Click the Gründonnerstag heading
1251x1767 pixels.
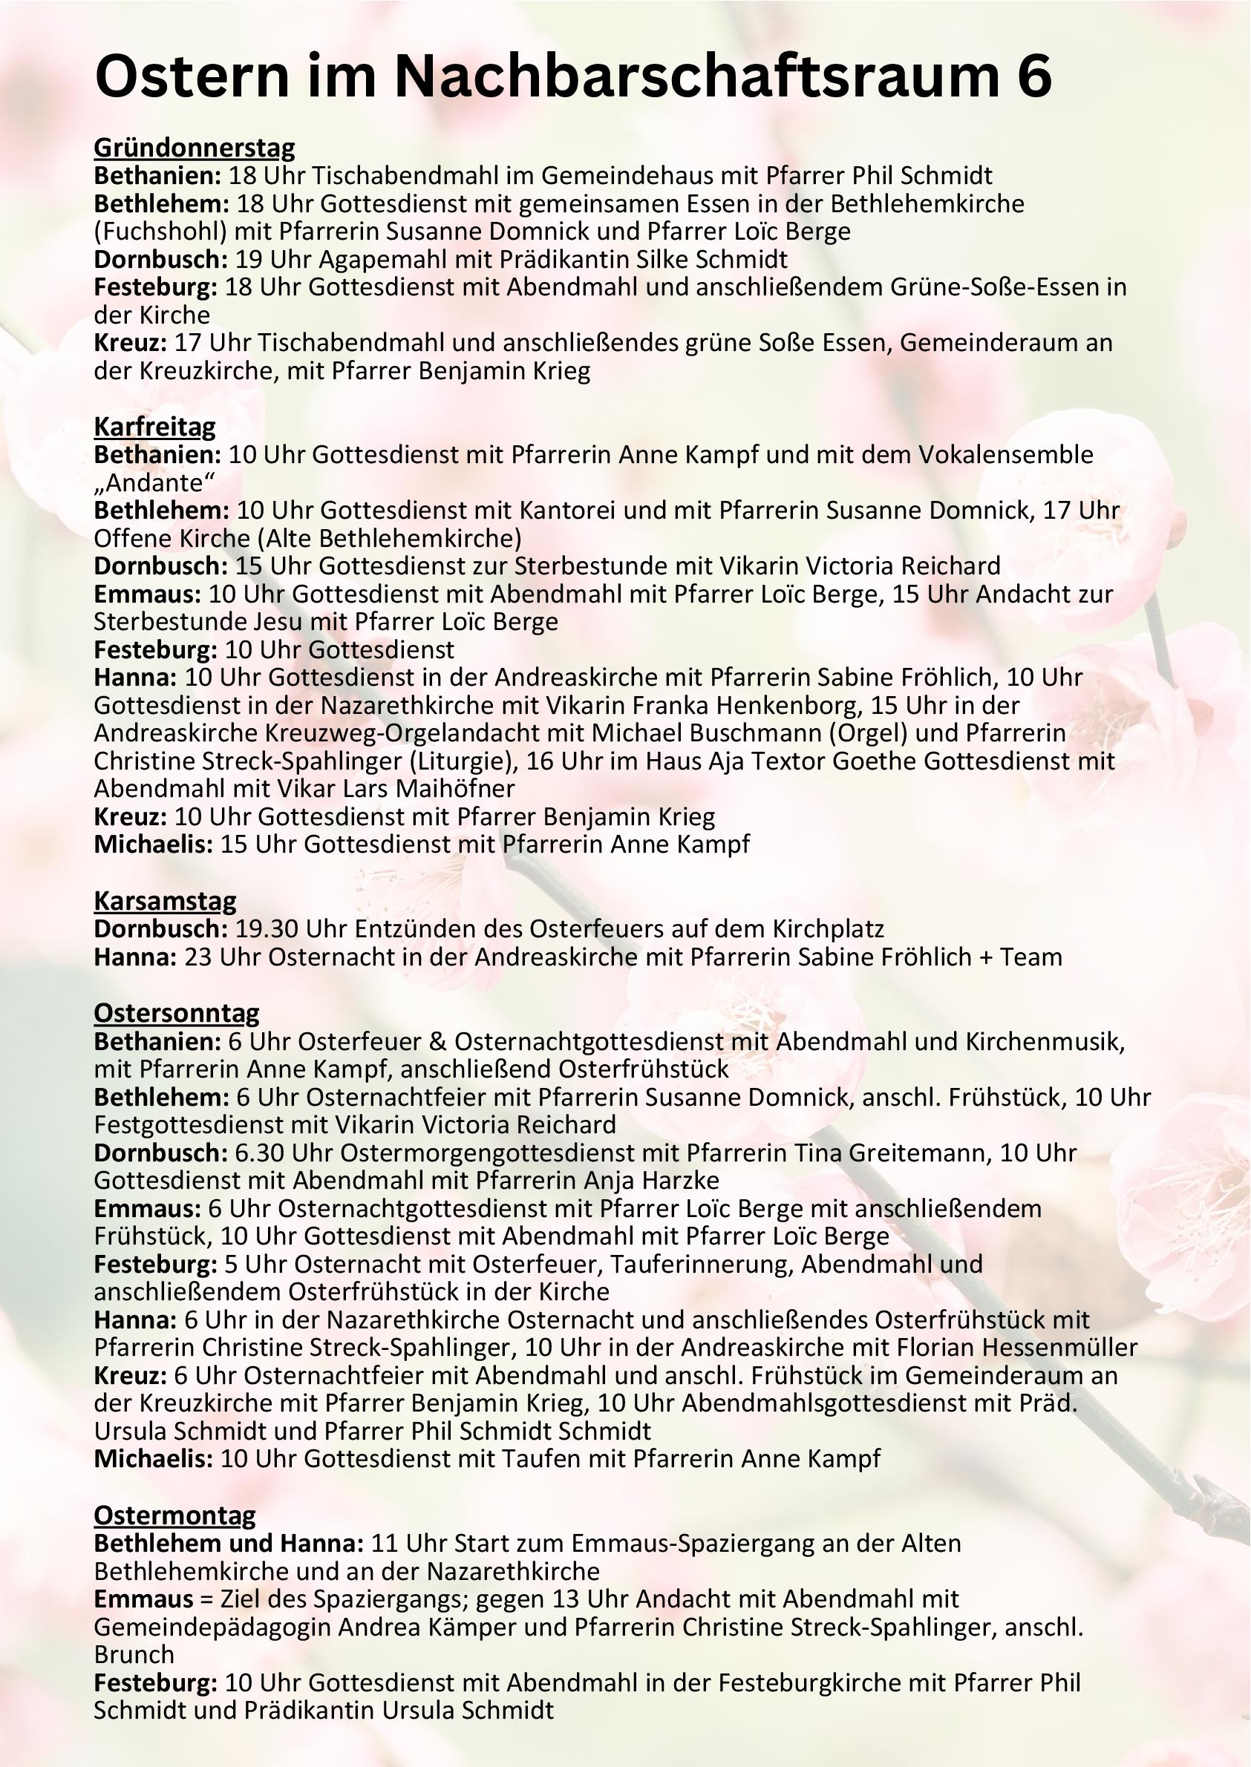pyautogui.click(x=194, y=147)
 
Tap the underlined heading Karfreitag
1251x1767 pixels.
pyautogui.click(x=155, y=426)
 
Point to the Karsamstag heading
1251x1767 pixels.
pyautogui.click(x=165, y=900)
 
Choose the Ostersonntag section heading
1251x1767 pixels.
pyautogui.click(x=177, y=1012)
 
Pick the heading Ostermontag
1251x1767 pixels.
pyautogui.click(x=175, y=1515)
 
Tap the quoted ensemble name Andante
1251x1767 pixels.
pyautogui.click(x=154, y=482)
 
